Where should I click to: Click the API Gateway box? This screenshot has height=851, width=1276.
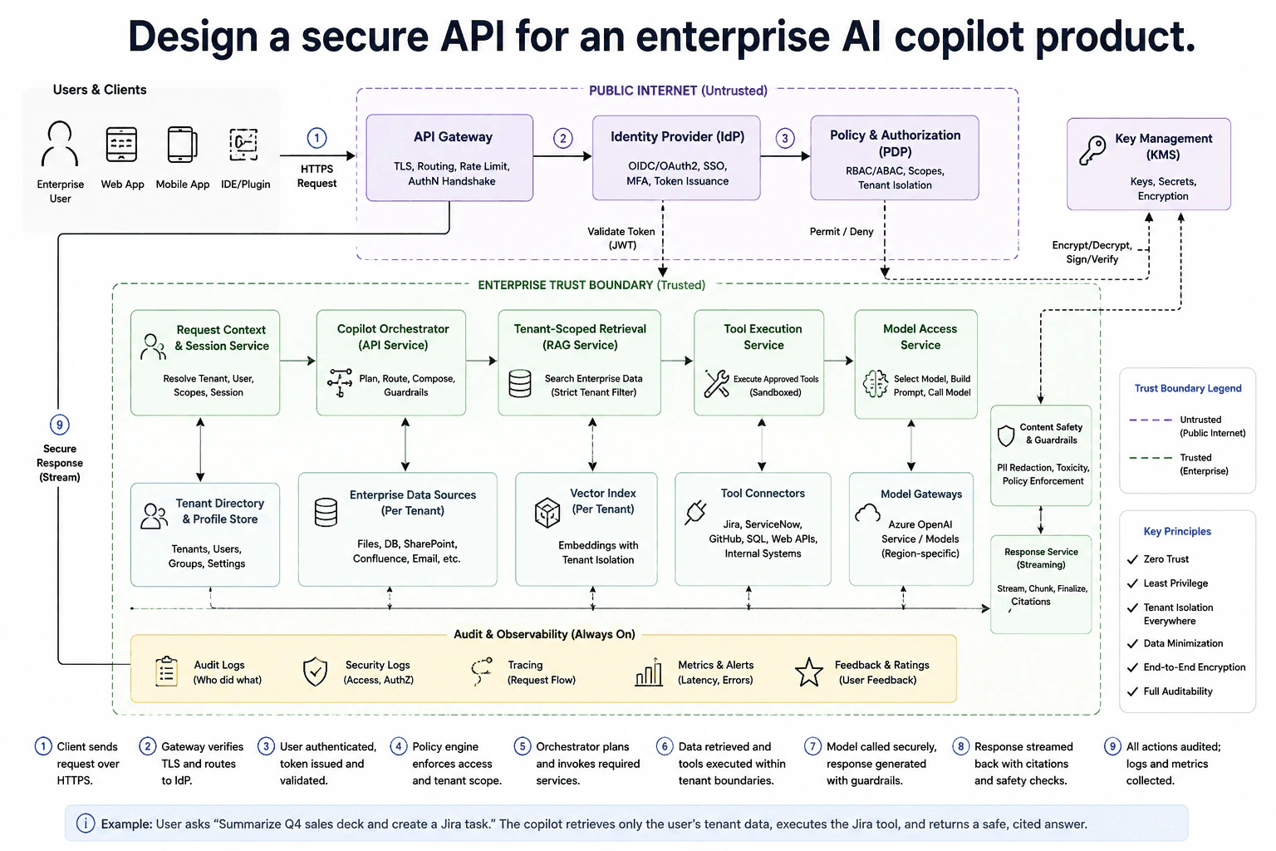point(449,158)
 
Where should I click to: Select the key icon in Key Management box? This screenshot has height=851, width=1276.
point(1092,150)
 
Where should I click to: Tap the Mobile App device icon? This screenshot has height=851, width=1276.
point(182,145)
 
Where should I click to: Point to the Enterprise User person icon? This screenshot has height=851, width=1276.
point(60,143)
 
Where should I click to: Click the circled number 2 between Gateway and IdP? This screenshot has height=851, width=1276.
point(562,139)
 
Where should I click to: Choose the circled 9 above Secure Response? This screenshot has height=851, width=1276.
point(59,425)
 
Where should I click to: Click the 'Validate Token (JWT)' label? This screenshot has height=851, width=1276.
point(621,239)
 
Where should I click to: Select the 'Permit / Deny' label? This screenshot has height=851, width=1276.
point(842,231)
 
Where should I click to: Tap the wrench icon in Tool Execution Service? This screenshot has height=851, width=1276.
point(716,383)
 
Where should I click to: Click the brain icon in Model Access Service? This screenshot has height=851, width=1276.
point(876,384)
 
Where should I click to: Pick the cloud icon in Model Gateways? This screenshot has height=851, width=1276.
point(867,513)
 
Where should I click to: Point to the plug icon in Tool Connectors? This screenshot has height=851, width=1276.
point(696,512)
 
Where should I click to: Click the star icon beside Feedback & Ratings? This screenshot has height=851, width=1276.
point(809,672)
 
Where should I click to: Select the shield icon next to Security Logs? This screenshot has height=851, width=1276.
point(315,671)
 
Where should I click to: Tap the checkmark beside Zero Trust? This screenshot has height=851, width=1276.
point(1132,560)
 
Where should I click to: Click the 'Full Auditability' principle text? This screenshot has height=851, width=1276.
point(1178,691)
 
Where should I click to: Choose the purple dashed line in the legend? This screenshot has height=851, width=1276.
point(1151,420)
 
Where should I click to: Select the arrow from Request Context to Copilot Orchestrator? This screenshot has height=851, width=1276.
point(297,361)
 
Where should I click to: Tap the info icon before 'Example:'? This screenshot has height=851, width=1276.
point(86,824)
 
